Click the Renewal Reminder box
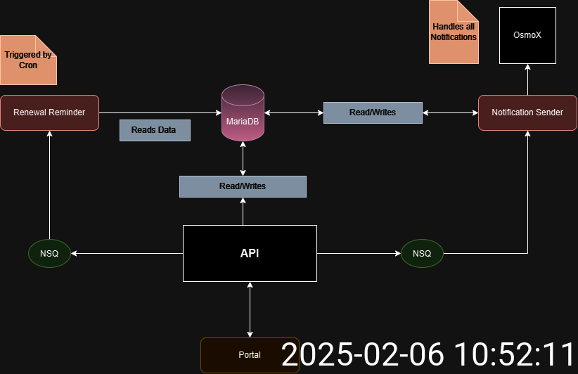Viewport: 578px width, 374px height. click(x=49, y=112)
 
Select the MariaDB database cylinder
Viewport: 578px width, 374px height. click(x=243, y=112)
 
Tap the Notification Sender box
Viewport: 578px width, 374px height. click(x=527, y=112)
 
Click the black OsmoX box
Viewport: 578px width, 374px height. click(x=527, y=35)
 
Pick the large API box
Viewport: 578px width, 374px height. click(x=250, y=253)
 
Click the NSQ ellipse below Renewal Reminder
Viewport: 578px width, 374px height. click(x=49, y=253)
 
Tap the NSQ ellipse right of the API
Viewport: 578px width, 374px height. click(x=422, y=253)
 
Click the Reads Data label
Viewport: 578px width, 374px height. click(x=155, y=130)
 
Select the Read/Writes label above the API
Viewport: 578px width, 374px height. click(x=243, y=186)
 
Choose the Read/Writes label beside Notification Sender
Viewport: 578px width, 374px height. click(x=373, y=112)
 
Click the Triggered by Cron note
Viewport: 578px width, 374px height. click(x=28, y=60)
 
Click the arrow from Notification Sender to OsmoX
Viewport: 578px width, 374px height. click(x=527, y=79)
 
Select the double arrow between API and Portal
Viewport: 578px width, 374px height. click(x=250, y=309)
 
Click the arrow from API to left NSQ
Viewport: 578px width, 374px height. click(x=127, y=253)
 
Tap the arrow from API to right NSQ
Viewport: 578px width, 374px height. click(x=359, y=253)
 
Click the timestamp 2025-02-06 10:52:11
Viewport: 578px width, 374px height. click(x=429, y=354)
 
